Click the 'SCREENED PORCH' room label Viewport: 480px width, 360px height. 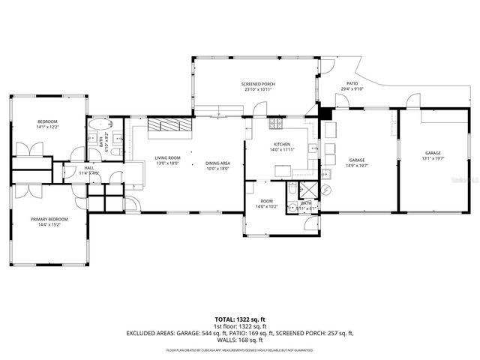(259, 83)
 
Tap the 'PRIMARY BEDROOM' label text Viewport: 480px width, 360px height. (49, 219)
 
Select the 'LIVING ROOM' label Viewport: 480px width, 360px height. (166, 157)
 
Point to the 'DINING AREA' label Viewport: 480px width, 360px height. (218, 163)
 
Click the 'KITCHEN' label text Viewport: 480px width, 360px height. (282, 144)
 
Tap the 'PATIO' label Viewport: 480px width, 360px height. (352, 83)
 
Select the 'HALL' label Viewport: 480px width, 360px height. (88, 168)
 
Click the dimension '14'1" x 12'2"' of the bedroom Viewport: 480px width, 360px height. (48, 127)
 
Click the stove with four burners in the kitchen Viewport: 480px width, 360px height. (277, 123)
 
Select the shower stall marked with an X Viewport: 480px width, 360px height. (308, 188)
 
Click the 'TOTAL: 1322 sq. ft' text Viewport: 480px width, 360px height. (239, 319)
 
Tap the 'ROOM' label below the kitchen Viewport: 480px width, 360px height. (266, 200)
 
